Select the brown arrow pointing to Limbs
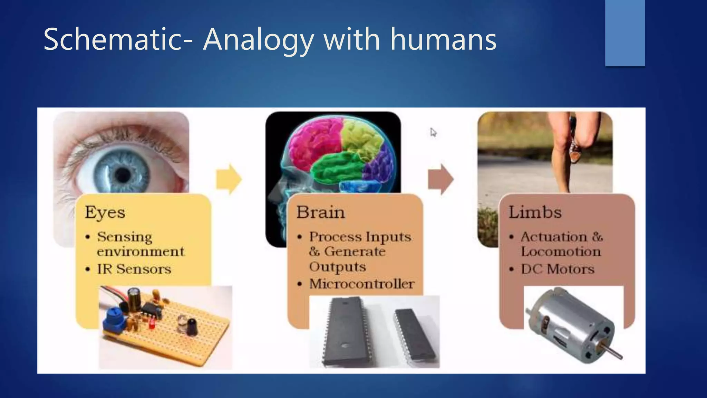click(x=440, y=179)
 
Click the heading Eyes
click(x=105, y=212)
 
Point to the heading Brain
click(x=320, y=212)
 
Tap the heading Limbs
click(x=535, y=212)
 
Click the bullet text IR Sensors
click(x=134, y=269)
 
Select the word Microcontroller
click(x=361, y=284)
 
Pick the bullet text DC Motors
click(x=558, y=269)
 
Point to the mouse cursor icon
click(x=433, y=132)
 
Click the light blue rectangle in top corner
click(x=625, y=33)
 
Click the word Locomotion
click(x=561, y=252)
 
